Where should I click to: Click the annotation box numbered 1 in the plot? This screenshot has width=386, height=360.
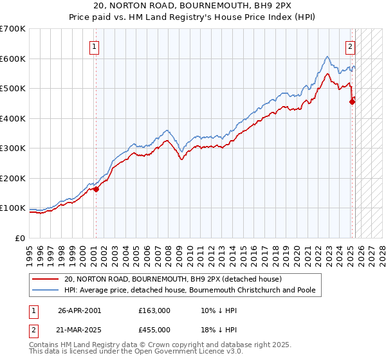pos(95,46)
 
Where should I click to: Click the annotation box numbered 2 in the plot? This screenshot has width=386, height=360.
pos(351,46)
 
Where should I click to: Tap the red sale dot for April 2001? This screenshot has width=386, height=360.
pos(96,189)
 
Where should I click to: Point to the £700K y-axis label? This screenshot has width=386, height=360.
pos(12,29)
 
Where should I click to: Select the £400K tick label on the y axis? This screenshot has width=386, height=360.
pos(12,118)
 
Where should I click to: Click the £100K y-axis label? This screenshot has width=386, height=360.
pos(12,208)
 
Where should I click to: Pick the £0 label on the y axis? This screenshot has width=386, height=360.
pos(19,238)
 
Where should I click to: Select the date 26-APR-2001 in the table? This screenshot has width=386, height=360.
pos(79,310)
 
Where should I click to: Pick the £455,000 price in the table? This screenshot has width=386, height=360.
pos(154,329)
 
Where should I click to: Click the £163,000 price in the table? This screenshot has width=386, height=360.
pos(154,310)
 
